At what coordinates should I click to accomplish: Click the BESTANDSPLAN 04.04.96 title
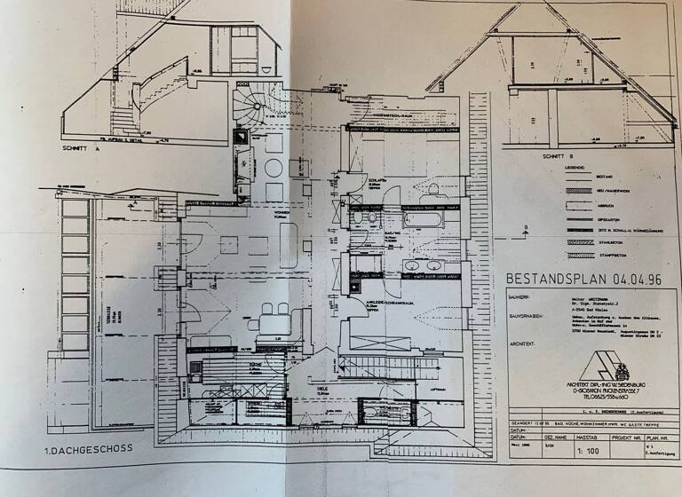[x=584, y=279]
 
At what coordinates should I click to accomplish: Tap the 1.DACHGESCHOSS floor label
[x=88, y=448]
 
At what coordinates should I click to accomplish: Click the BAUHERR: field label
[x=521, y=300]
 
